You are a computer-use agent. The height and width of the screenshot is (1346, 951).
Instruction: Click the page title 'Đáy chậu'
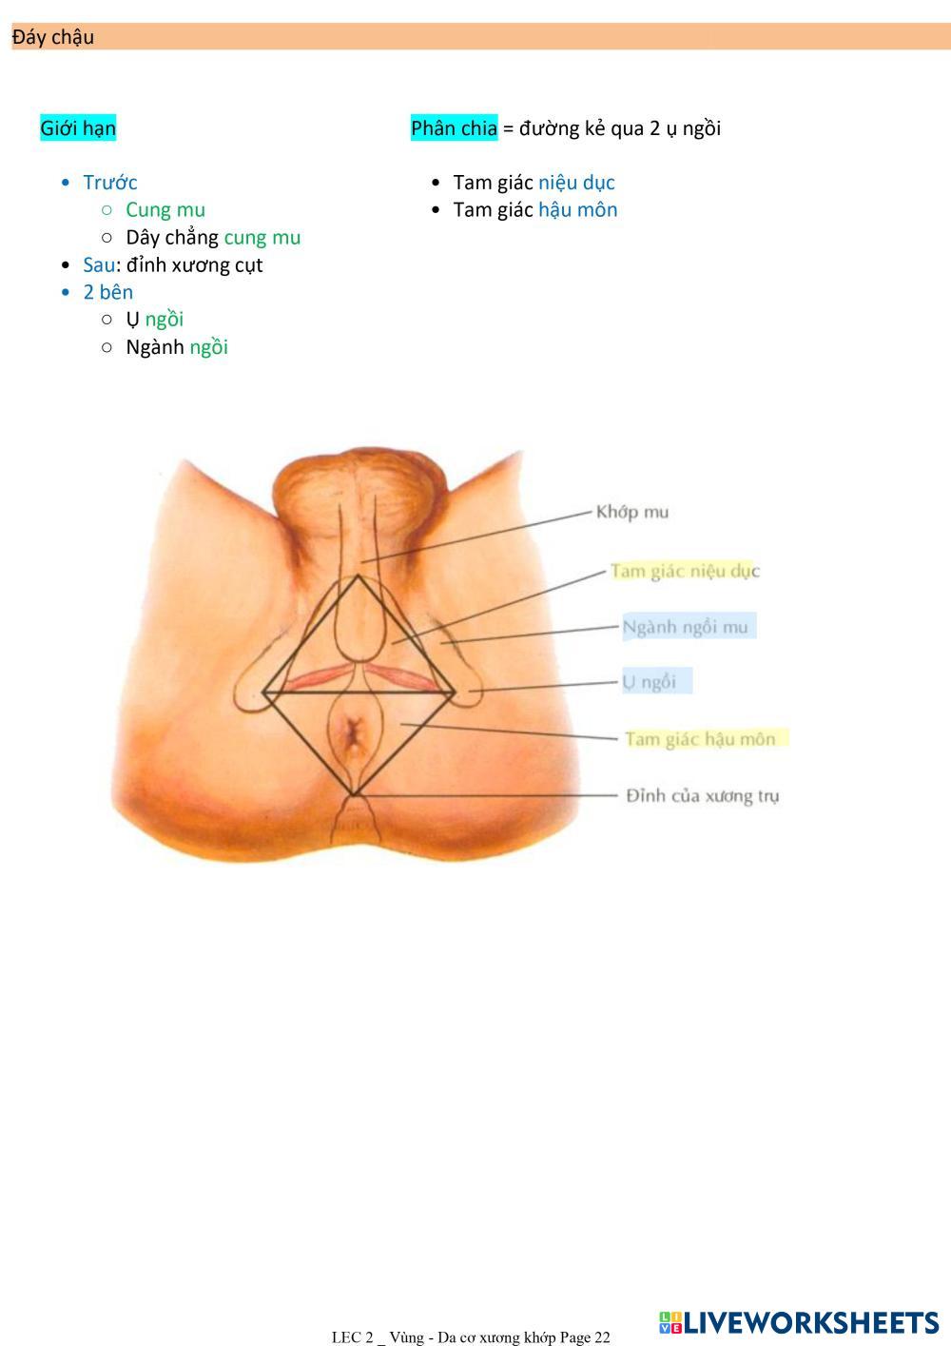coord(53,38)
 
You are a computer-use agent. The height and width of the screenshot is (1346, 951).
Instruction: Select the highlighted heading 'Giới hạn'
coord(78,128)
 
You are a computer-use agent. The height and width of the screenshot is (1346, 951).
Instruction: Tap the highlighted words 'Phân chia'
coord(454,128)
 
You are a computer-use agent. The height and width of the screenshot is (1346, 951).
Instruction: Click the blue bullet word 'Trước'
coord(110,183)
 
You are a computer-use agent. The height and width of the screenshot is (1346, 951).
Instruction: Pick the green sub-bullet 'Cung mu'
coord(165,210)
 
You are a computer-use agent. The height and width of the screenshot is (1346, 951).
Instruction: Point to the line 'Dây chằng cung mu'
coord(213,238)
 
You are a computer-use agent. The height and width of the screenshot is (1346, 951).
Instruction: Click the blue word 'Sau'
coord(99,265)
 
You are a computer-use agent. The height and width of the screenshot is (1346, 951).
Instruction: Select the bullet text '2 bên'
coord(107,292)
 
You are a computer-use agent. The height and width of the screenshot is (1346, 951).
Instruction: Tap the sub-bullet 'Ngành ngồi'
coord(177,347)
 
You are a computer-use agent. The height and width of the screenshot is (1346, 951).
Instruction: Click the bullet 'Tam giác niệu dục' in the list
coord(534,183)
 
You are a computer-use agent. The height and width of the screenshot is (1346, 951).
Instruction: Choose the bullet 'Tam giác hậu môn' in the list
coord(535,210)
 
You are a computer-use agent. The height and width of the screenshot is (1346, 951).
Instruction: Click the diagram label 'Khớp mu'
coord(632,513)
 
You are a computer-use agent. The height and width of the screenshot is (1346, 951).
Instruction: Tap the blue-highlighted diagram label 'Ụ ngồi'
coord(650,682)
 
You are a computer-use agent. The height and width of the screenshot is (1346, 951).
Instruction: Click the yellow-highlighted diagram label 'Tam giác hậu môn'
coord(701,739)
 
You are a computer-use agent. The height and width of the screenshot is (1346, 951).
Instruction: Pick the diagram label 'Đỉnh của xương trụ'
coord(702,796)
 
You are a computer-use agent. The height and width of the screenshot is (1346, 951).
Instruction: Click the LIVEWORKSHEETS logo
coord(798,1322)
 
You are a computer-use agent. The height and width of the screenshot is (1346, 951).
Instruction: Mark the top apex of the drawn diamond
coord(358,575)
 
